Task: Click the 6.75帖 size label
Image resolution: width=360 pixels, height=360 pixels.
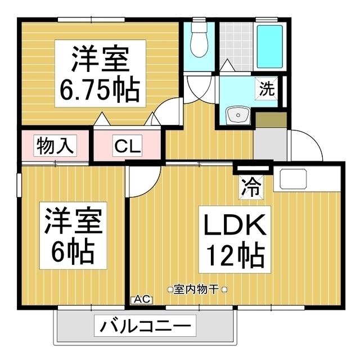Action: (x=98, y=89)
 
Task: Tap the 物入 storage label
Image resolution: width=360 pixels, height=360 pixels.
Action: (x=55, y=146)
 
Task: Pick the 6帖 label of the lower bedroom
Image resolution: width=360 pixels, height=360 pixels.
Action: (x=72, y=253)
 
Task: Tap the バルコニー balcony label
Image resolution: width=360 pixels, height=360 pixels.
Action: (x=146, y=326)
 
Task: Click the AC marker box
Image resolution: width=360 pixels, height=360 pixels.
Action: (x=141, y=300)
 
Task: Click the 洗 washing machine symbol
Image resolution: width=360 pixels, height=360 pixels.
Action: (x=267, y=88)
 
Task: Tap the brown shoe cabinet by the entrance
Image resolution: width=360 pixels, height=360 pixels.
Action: (x=271, y=119)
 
